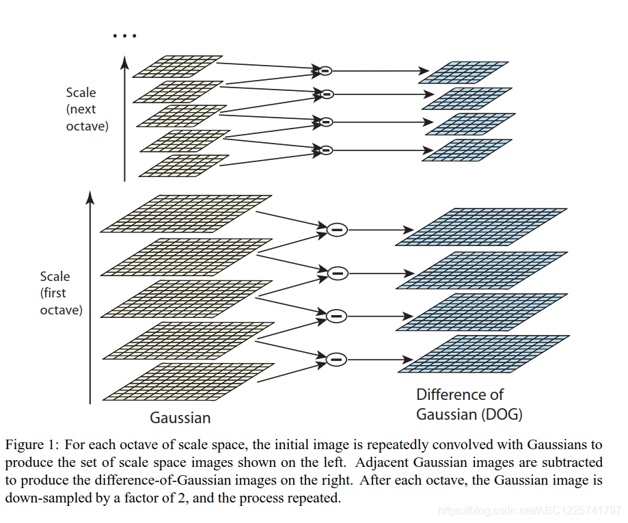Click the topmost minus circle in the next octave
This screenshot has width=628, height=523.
pos(325,70)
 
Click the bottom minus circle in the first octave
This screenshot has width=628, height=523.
pos(336,358)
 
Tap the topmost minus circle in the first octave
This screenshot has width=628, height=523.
pos(336,230)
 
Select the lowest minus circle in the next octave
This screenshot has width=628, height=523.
pos(325,150)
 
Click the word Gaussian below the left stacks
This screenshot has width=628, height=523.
pos(180,418)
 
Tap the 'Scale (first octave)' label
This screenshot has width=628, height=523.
pos(61,293)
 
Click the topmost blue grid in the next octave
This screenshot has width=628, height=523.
pos(464,72)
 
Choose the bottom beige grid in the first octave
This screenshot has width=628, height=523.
pos(188,381)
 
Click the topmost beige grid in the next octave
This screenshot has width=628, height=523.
pos(178,66)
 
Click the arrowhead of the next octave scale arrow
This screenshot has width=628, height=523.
pos(124,62)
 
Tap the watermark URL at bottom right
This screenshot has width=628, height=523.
pos(530,510)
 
